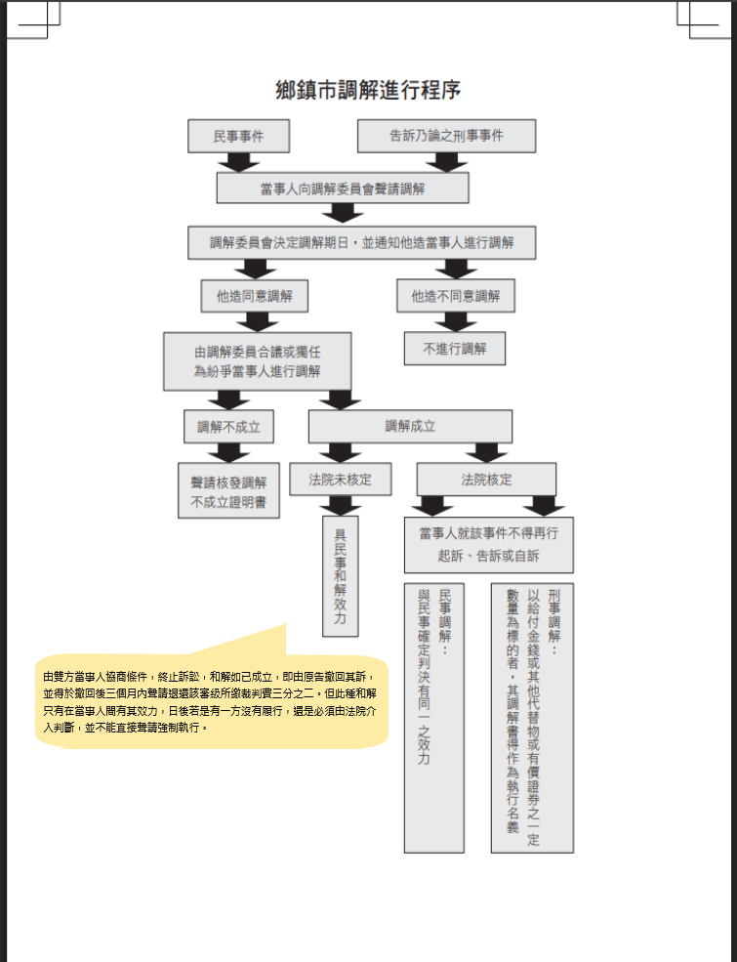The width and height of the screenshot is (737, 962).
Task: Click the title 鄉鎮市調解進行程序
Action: (x=368, y=91)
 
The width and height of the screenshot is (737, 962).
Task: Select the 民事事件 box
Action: (x=238, y=136)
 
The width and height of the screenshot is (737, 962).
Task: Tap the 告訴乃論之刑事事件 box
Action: (x=446, y=136)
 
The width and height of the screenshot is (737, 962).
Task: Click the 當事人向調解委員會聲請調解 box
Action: (x=342, y=188)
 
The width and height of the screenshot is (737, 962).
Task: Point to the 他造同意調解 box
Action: (x=254, y=295)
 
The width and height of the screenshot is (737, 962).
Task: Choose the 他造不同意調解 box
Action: (x=456, y=295)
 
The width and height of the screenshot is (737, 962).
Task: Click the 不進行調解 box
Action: (x=455, y=348)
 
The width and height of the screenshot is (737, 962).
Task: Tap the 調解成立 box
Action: (x=410, y=426)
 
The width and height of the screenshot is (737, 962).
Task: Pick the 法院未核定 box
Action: (x=340, y=480)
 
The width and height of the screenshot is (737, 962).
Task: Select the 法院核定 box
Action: (x=486, y=480)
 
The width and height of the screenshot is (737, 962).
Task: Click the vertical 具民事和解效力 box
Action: (x=340, y=576)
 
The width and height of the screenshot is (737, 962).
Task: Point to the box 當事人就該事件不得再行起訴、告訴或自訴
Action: (x=488, y=545)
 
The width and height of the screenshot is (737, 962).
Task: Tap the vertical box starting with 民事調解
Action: (x=433, y=718)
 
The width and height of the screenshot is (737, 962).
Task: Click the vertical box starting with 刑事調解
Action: (x=532, y=718)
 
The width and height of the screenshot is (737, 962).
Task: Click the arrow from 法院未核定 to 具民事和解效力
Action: (x=340, y=505)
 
